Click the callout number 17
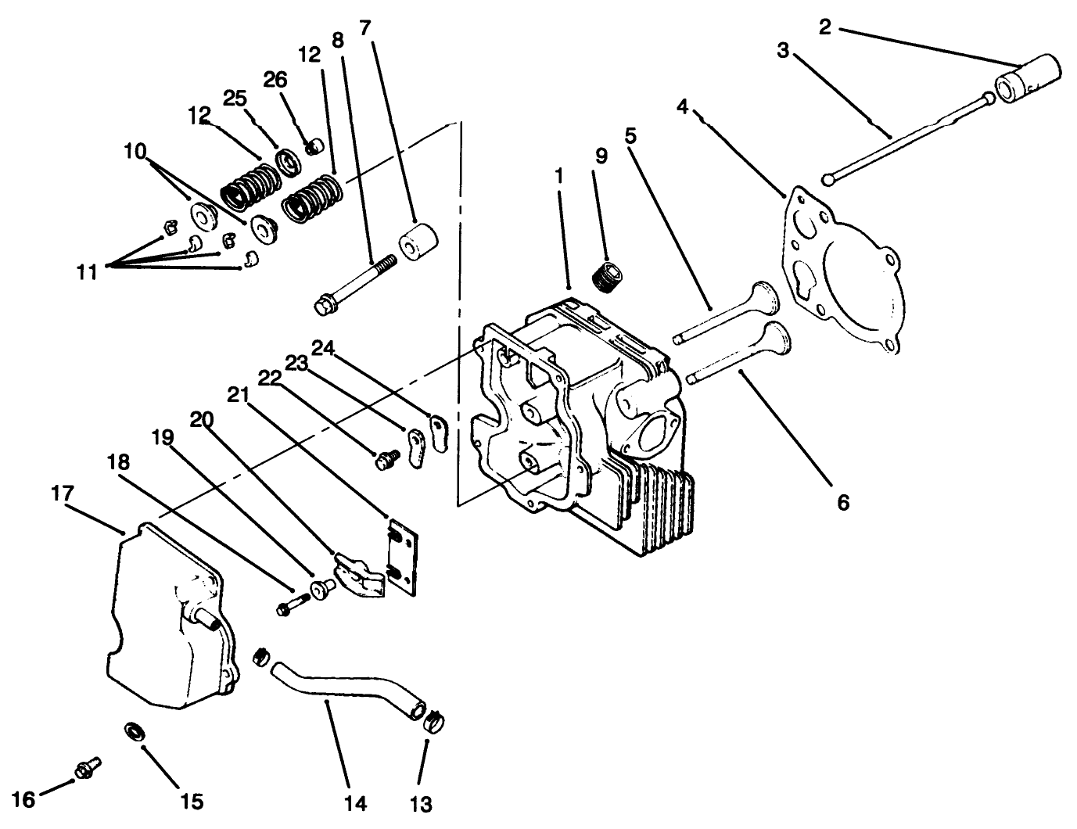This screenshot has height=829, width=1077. (63, 493)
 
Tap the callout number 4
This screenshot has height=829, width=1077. (683, 107)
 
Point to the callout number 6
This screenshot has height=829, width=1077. (842, 502)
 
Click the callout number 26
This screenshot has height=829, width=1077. (275, 81)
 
